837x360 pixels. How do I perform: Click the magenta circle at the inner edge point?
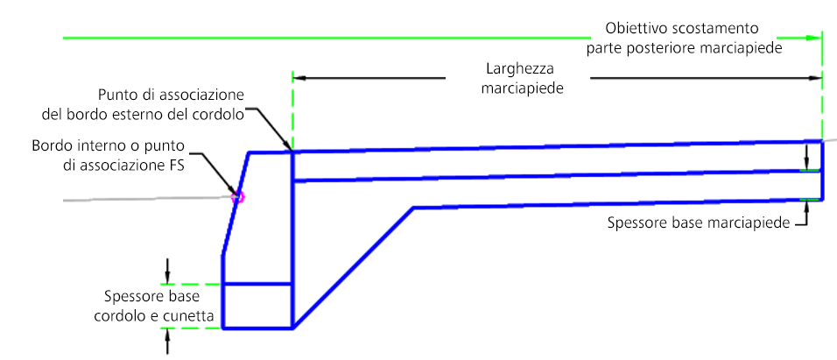tap(236, 197)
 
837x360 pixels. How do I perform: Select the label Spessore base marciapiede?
tap(697, 222)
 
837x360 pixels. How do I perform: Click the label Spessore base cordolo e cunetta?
tap(158, 306)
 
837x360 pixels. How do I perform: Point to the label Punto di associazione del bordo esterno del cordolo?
tap(170, 103)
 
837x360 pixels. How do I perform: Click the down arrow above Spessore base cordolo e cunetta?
tap(169, 276)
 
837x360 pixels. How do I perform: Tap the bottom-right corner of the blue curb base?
tap(291, 328)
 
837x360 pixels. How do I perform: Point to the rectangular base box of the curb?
tap(257, 306)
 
